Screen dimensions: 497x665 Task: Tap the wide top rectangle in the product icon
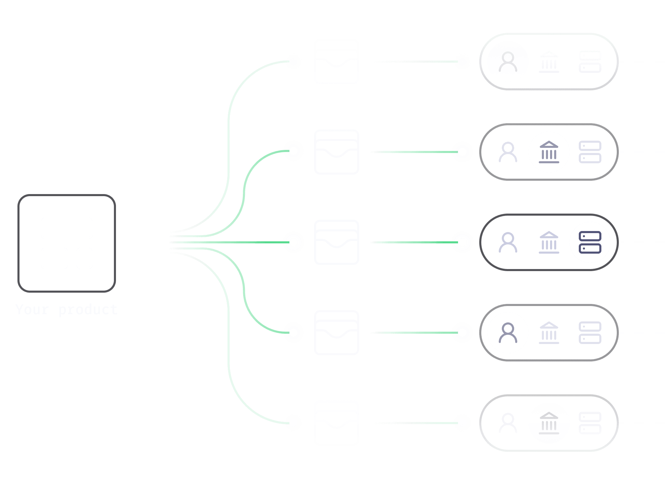[x=67, y=228]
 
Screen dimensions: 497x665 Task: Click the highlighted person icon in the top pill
[x=508, y=62]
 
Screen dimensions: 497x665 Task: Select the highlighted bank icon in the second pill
[x=549, y=152]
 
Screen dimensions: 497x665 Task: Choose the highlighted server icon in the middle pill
[x=590, y=242]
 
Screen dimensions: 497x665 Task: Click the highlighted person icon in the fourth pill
[x=508, y=333]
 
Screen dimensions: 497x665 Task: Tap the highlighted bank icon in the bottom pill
[x=549, y=423]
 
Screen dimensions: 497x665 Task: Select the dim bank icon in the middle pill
[x=549, y=242]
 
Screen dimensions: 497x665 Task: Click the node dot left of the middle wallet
[x=294, y=242]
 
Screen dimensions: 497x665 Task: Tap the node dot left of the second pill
[x=462, y=152]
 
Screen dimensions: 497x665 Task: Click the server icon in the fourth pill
[x=590, y=333]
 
